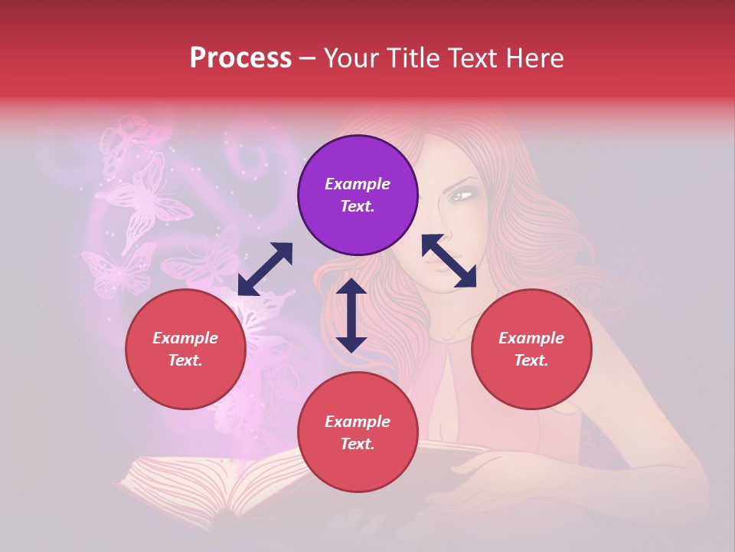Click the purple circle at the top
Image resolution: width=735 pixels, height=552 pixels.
pos(358,195)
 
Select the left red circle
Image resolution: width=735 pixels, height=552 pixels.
pos(185,349)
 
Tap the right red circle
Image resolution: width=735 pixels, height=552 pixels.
pos(531,349)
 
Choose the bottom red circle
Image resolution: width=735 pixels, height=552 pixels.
pos(358,432)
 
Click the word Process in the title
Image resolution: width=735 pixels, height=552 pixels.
pos(240,58)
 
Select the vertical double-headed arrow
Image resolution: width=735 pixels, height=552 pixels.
pos(351,315)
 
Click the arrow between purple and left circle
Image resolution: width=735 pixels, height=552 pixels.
pos(265,269)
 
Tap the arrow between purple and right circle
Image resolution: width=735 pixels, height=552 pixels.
pos(449,261)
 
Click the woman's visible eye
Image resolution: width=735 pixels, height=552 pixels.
pos(461,195)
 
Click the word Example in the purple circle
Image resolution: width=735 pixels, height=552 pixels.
pos(358,184)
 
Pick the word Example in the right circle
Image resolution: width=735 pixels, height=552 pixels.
pos(531,338)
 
